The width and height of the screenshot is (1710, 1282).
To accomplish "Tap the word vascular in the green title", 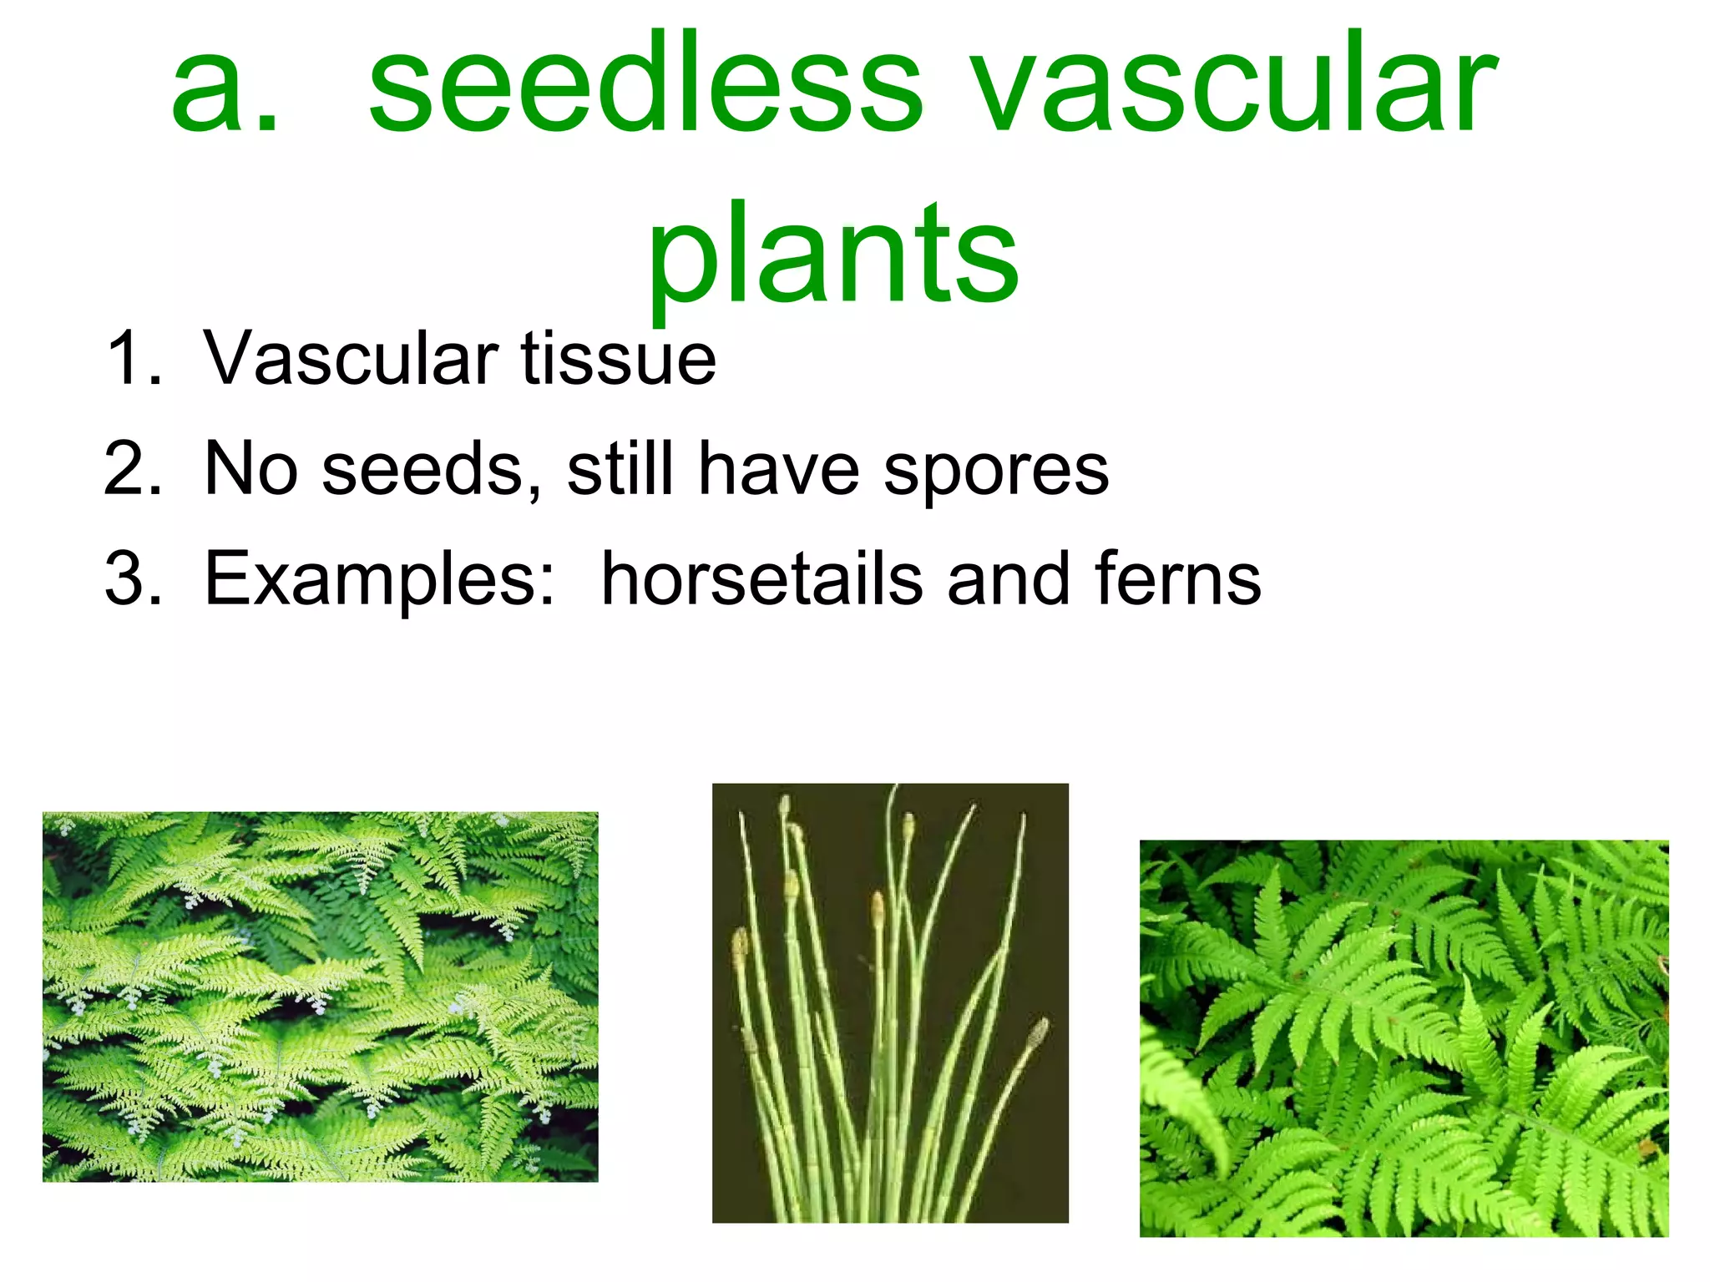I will [x=1236, y=83].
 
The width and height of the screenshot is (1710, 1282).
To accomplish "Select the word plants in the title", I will [x=832, y=255].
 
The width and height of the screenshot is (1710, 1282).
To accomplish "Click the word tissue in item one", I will [x=618, y=359].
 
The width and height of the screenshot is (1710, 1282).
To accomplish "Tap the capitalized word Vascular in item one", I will [x=351, y=359].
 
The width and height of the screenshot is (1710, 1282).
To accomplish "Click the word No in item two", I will [x=250, y=469].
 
